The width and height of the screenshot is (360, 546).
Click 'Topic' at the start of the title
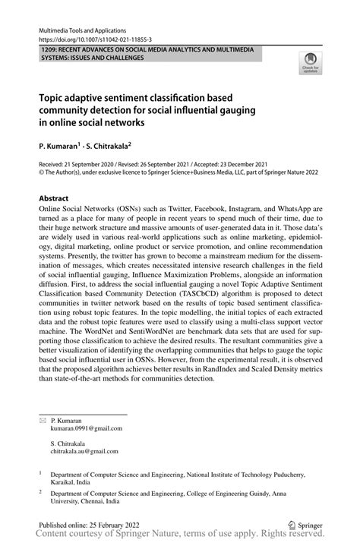[53, 98]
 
